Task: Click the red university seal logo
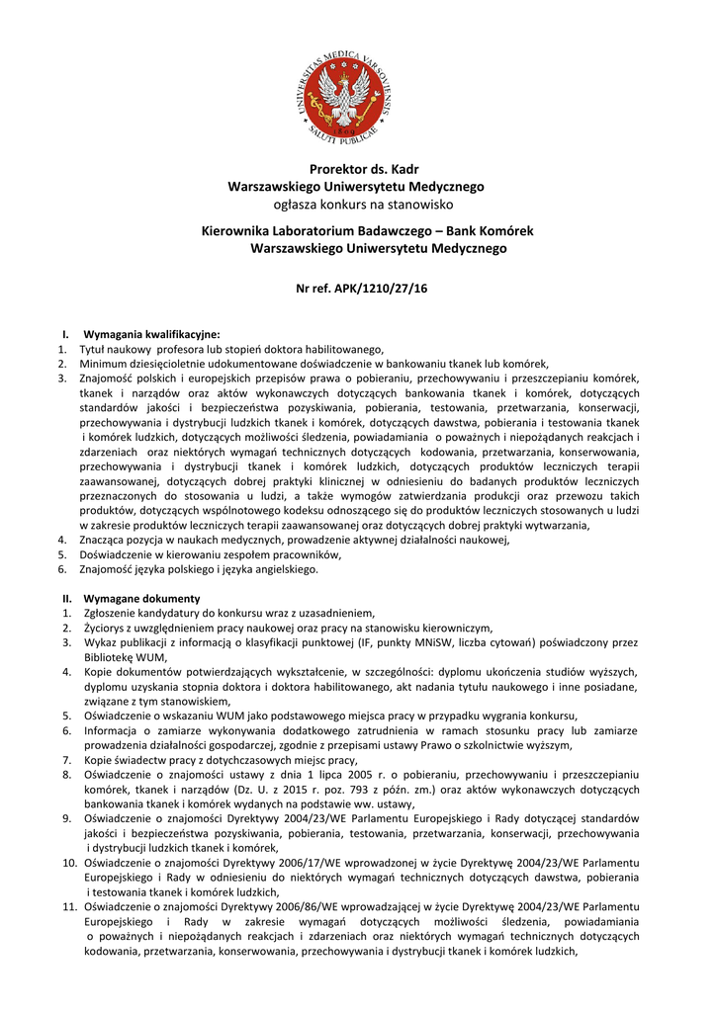point(358,95)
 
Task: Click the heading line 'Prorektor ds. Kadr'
point(358,169)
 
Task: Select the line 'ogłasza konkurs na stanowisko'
point(358,205)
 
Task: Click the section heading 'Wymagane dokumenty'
point(142,599)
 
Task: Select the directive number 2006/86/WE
point(260,907)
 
